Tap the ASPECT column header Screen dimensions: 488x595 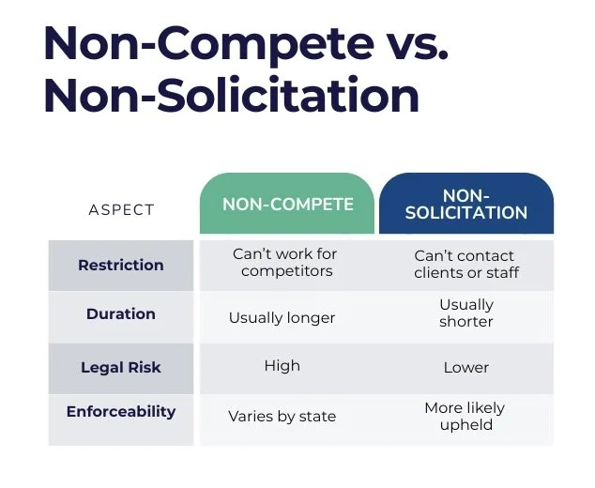pyautogui.click(x=121, y=209)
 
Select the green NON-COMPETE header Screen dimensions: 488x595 pyautogui.click(x=287, y=205)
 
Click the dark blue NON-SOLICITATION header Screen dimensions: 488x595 pyautogui.click(x=466, y=205)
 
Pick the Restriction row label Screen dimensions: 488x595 pyautogui.click(x=121, y=265)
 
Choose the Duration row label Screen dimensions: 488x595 pyautogui.click(x=121, y=314)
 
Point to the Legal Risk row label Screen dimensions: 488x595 pyautogui.click(x=121, y=367)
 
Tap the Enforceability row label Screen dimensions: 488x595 pyautogui.click(x=121, y=412)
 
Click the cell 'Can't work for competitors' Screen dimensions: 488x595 pyautogui.click(x=285, y=263)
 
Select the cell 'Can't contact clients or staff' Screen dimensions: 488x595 pyautogui.click(x=466, y=264)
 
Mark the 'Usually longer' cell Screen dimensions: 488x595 pyautogui.click(x=282, y=317)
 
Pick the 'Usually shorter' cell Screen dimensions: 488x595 pyautogui.click(x=466, y=313)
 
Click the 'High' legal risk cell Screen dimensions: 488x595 pyautogui.click(x=282, y=366)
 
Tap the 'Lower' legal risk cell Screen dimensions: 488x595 pyautogui.click(x=466, y=368)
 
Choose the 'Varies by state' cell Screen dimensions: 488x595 pyautogui.click(x=282, y=416)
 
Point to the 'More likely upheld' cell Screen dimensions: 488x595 pyautogui.click(x=466, y=416)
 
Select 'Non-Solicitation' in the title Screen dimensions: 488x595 pyautogui.click(x=231, y=96)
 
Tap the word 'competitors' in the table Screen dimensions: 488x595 pyautogui.click(x=285, y=272)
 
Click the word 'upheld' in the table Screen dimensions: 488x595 pyautogui.click(x=465, y=425)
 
